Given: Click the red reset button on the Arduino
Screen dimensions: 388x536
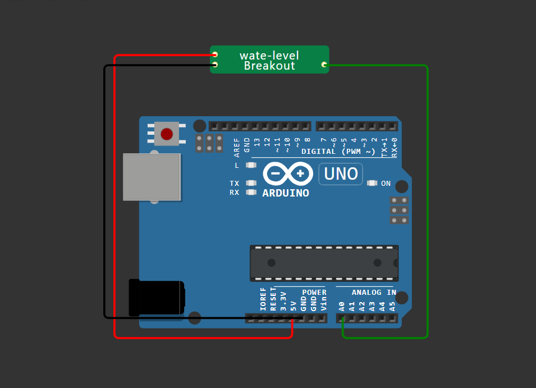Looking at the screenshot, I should click(x=167, y=134).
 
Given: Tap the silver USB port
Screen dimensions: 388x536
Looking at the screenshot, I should click(x=152, y=177).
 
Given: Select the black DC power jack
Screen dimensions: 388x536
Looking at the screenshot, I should click(x=156, y=298).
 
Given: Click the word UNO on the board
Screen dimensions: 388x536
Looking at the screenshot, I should click(x=341, y=174).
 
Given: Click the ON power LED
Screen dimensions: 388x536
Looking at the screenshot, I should click(x=372, y=184).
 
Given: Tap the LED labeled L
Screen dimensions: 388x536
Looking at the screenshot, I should click(x=251, y=165).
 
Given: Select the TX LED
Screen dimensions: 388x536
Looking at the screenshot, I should click(x=251, y=183).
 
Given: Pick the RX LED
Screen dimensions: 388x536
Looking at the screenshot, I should click(x=251, y=193).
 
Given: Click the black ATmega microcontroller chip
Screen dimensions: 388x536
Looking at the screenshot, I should click(x=324, y=263).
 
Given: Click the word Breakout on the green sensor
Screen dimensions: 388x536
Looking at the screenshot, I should click(x=269, y=66).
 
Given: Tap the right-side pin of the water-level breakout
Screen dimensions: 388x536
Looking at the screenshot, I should click(x=324, y=65).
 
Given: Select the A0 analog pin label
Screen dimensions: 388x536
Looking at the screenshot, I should click(x=342, y=307).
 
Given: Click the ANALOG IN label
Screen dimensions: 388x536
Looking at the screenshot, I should click(x=374, y=293).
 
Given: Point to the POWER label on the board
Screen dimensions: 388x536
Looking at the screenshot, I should click(x=314, y=293).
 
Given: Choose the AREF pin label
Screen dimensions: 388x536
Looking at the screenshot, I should click(x=237, y=146).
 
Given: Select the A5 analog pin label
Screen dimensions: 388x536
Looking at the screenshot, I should click(x=392, y=307).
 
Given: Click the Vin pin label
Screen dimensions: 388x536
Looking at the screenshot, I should click(x=323, y=304).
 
